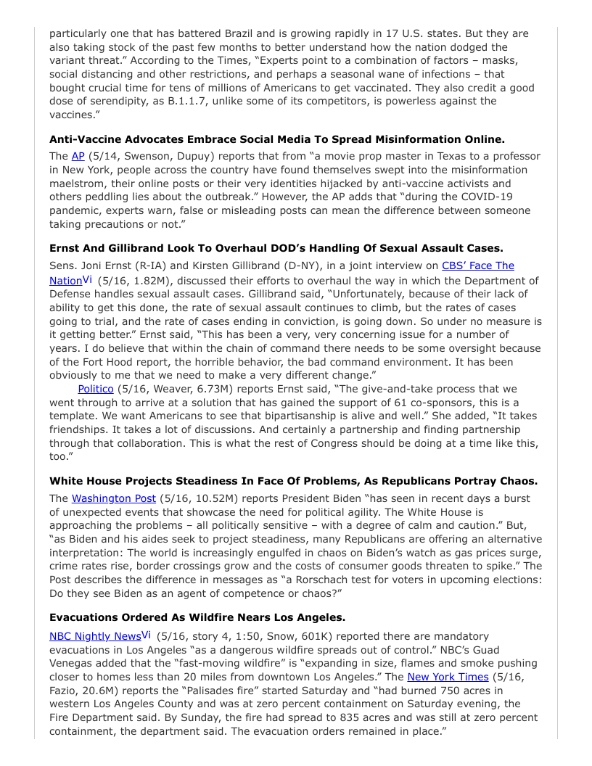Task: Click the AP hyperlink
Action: [x=78, y=156]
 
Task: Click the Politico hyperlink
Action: [x=96, y=389]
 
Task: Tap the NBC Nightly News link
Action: [x=95, y=636]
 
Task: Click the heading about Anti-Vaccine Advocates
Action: [x=277, y=139]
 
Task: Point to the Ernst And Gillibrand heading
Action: [x=276, y=248]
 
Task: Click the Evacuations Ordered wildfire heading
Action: [x=197, y=617]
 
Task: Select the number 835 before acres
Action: [x=223, y=717]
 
